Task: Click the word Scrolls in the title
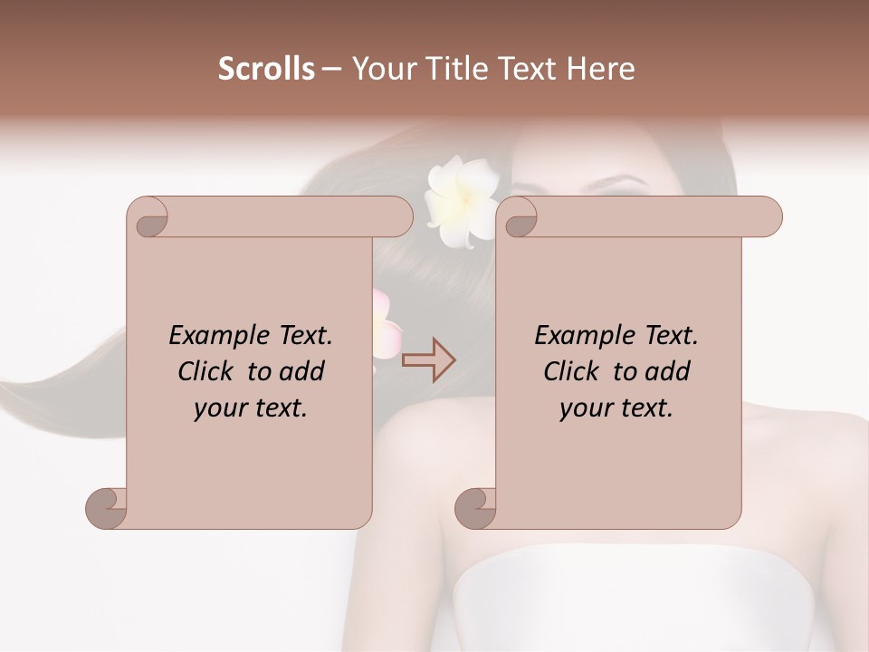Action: [266, 69]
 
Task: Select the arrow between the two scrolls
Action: [428, 360]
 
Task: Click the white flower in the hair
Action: [462, 202]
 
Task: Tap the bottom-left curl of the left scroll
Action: [107, 508]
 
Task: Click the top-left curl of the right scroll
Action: [520, 218]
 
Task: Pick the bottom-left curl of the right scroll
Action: [476, 508]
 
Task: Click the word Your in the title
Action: [380, 69]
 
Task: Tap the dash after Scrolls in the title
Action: [331, 69]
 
